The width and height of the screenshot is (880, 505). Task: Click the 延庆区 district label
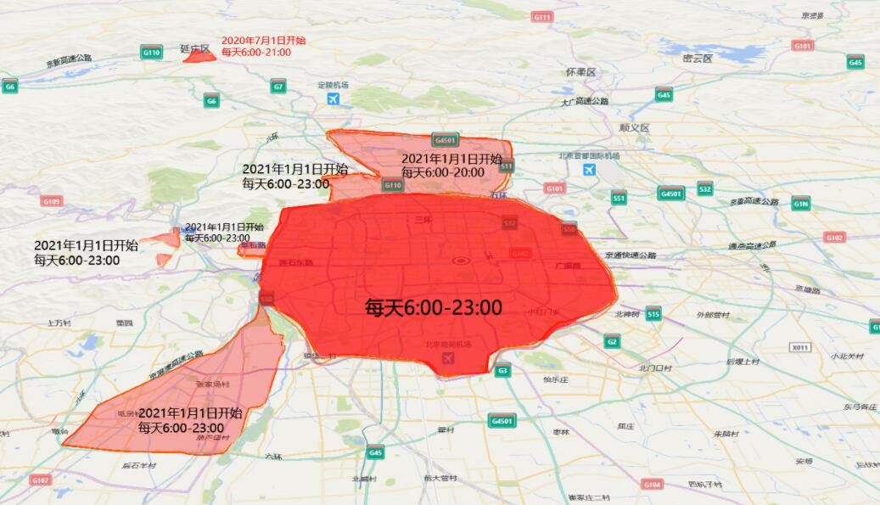(x=194, y=49)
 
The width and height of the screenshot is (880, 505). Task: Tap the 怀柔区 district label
(x=581, y=73)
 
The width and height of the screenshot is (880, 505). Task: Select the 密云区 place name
(x=697, y=58)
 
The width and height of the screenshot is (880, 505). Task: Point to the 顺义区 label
(x=634, y=127)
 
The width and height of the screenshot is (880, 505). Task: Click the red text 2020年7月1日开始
(x=264, y=40)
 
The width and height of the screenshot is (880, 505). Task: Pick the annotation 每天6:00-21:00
(x=256, y=52)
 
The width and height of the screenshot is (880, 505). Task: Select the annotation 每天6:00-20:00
(x=443, y=172)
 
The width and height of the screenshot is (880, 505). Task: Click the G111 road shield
(x=542, y=17)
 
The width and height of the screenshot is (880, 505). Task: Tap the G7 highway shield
(x=278, y=87)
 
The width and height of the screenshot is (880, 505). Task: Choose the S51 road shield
(x=619, y=199)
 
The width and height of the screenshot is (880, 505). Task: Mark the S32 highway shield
(x=705, y=188)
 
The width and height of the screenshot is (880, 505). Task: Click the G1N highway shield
(x=801, y=204)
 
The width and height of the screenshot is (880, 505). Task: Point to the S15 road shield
(x=653, y=315)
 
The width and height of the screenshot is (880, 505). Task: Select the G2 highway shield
(x=612, y=341)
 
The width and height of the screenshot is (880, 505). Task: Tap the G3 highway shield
(x=503, y=370)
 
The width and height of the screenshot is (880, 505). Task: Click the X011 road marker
(x=799, y=348)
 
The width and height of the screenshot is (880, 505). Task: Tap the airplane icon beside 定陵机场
(x=333, y=99)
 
